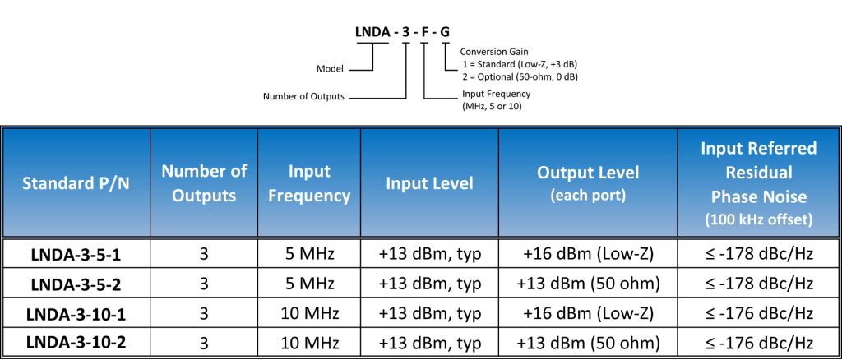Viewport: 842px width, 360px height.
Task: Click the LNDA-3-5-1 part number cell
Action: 76,254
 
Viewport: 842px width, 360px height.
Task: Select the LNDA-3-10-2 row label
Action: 76,341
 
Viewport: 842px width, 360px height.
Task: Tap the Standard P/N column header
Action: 76,182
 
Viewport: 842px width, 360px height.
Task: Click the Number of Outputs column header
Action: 204,183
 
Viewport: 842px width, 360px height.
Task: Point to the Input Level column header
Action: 430,183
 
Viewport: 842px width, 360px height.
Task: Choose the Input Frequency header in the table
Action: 309,183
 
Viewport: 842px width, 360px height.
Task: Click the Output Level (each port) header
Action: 588,182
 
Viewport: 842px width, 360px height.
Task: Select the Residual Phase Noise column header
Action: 758,182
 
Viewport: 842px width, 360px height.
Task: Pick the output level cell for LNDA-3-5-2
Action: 588,284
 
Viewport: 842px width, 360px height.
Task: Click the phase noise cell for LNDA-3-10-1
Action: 758,312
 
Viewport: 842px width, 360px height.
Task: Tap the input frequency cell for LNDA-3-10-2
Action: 309,341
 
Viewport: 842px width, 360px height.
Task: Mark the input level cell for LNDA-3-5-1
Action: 430,254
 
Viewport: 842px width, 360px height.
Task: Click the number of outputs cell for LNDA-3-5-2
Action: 204,284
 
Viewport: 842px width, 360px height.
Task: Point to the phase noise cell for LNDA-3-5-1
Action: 758,254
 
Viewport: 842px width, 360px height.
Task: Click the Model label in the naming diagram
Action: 330,68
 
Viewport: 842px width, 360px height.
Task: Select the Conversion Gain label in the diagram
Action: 493,52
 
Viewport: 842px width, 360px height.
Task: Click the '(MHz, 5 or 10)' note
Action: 493,106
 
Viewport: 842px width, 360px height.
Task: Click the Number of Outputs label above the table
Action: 303,96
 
